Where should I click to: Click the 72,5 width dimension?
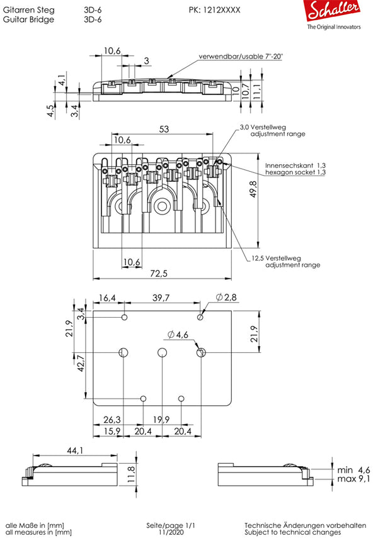point(158,274)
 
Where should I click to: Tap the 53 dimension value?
point(164,129)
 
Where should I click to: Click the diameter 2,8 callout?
point(225,298)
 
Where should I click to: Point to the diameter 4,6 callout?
point(178,334)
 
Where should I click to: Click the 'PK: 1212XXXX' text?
point(214,11)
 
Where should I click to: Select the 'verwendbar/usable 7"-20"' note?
point(241,57)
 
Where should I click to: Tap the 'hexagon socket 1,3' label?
point(295,172)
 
